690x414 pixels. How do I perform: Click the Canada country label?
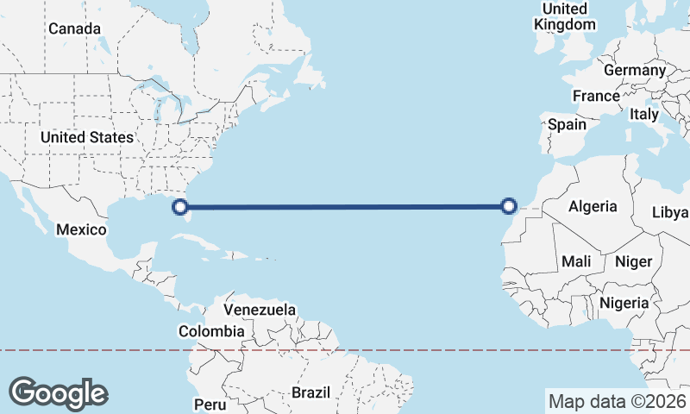(x=74, y=28)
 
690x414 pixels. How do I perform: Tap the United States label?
(x=87, y=137)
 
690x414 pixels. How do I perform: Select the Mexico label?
(x=81, y=229)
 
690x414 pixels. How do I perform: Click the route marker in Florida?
(x=180, y=206)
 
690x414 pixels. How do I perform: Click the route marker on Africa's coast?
(x=509, y=205)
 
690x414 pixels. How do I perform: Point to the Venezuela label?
(x=260, y=309)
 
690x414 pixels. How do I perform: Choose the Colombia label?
(x=211, y=331)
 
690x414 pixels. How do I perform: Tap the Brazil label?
(x=310, y=392)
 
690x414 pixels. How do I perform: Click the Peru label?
(x=210, y=404)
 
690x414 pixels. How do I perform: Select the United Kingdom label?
(x=565, y=16)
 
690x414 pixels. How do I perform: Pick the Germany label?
(x=635, y=70)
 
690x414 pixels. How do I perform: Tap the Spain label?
(x=568, y=124)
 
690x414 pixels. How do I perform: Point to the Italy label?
(x=644, y=114)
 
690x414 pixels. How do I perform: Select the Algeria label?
(x=593, y=206)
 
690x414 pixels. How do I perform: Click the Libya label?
(x=670, y=212)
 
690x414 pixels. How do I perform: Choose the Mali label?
(x=576, y=260)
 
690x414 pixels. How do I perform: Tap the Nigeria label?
(x=624, y=303)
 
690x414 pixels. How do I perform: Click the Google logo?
(x=58, y=392)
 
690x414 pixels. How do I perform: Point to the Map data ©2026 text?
(x=617, y=401)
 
